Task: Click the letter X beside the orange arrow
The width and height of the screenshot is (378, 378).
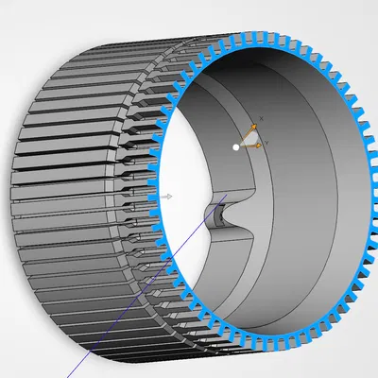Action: (262, 118)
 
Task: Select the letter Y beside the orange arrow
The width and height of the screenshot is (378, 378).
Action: (267, 143)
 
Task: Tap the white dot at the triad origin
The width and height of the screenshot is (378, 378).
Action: (236, 146)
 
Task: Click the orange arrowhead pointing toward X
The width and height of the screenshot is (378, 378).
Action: (253, 127)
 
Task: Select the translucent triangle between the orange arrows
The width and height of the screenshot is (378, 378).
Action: (249, 140)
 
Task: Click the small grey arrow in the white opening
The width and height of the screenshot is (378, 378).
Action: (167, 196)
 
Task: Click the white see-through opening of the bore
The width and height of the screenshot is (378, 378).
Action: (180, 170)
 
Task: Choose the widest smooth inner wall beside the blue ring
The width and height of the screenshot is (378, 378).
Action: (321, 189)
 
